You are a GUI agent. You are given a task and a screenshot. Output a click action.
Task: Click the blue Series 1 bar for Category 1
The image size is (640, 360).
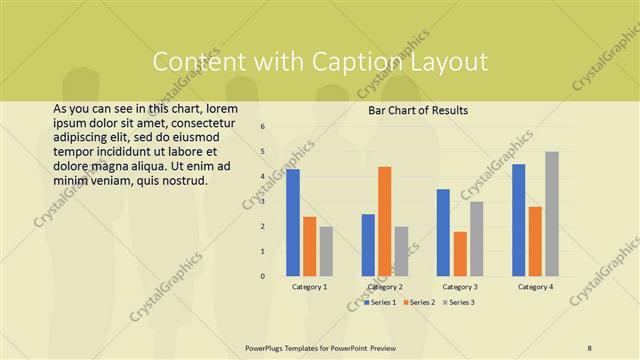tap(293, 223)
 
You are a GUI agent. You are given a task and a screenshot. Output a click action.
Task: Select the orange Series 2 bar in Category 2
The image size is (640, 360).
tap(385, 221)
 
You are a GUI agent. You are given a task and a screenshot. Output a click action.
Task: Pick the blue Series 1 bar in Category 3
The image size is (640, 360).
tap(443, 232)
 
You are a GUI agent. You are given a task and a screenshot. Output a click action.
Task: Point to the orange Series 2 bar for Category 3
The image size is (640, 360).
tap(460, 254)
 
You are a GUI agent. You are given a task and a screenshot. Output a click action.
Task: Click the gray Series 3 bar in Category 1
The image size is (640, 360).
tap(326, 251)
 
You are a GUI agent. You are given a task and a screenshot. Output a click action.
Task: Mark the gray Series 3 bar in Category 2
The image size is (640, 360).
tap(401, 251)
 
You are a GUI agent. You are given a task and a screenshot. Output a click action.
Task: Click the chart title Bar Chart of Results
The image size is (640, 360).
tap(419, 110)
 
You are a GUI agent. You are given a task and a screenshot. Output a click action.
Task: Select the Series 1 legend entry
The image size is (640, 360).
tap(382, 301)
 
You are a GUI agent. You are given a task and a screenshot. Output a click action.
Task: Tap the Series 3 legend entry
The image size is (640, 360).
tap(460, 301)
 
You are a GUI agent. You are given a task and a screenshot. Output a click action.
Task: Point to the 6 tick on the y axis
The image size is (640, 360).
tap(261, 127)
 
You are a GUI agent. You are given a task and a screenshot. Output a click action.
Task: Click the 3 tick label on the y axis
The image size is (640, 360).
tap(261, 202)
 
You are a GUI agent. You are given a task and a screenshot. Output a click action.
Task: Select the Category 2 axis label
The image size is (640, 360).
tap(385, 287)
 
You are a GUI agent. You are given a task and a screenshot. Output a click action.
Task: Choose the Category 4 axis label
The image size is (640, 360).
tap(535, 287)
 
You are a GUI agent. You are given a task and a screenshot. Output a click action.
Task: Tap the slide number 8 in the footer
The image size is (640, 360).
tap(590, 347)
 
